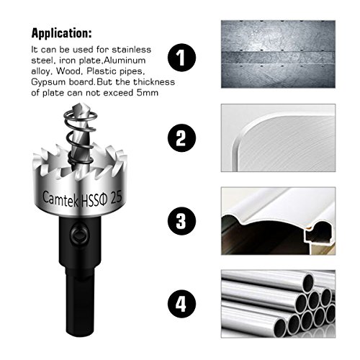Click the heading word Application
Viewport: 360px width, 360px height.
coord(61,33)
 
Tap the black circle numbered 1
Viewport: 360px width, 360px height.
coord(181,58)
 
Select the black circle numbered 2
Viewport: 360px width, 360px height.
coord(181,138)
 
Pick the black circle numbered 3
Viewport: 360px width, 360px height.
coord(181,221)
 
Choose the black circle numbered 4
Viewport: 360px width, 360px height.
coord(181,304)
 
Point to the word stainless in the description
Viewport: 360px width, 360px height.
coord(132,50)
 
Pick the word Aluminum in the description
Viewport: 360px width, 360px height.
coord(125,60)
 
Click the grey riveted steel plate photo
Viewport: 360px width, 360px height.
coord(278,54)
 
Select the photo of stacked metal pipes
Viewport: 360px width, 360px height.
coord(278,304)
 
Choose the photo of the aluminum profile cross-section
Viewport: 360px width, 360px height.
coord(278,221)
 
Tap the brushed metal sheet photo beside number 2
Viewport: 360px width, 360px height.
coord(278,138)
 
